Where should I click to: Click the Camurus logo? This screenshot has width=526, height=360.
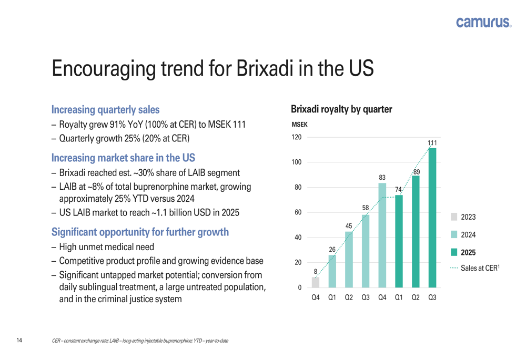pos(483,22)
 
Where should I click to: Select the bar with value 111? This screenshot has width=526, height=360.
pos(432,218)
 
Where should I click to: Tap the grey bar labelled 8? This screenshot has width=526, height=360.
pos(316,282)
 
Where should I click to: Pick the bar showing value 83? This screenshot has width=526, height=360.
pos(382,235)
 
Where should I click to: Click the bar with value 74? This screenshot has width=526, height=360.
pos(399,241)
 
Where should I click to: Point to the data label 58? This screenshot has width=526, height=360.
pos(366,208)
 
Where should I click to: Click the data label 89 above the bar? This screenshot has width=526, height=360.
pos(416,172)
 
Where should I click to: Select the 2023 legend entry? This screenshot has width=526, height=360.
pos(468,217)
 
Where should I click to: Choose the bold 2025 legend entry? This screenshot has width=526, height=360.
pos(468,252)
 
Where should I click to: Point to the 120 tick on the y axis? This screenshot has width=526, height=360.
pos(297,138)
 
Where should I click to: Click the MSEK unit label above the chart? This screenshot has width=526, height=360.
pos(299,125)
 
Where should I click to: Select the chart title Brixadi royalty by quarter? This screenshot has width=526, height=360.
pos(341,110)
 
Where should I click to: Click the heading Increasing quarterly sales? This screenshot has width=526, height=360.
pos(105,110)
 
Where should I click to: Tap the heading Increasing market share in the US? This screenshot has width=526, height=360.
pos(123,157)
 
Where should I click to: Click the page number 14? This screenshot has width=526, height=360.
pos(19,341)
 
